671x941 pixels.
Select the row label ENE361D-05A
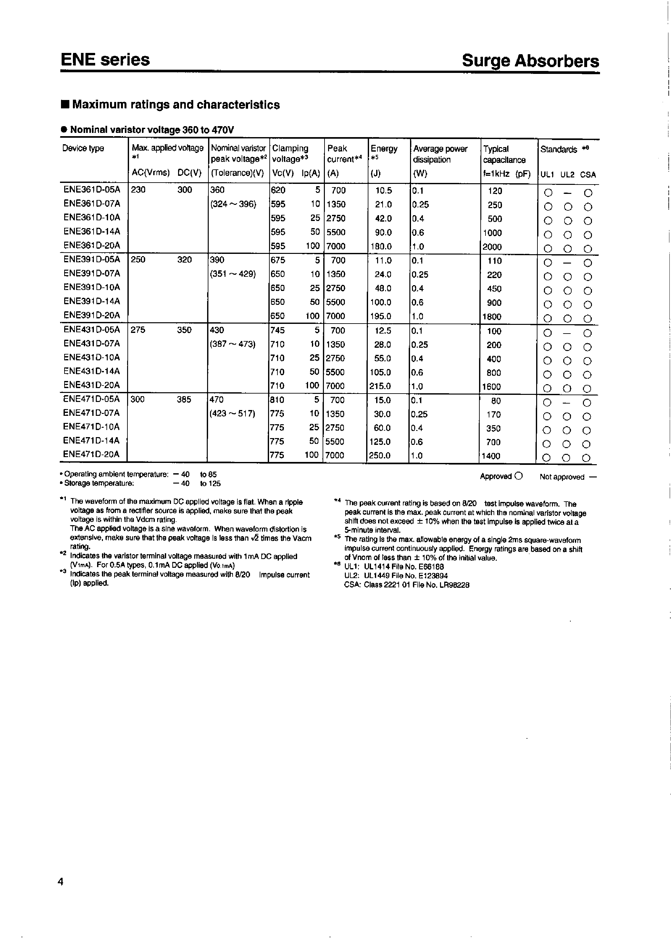92,190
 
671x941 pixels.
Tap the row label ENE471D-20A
91,455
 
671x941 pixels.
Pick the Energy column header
384,149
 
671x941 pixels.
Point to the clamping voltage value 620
278,190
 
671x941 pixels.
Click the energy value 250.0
380,455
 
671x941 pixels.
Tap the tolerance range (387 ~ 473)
233,344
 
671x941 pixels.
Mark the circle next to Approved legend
519,476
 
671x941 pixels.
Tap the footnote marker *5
337,538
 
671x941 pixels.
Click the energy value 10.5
384,190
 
